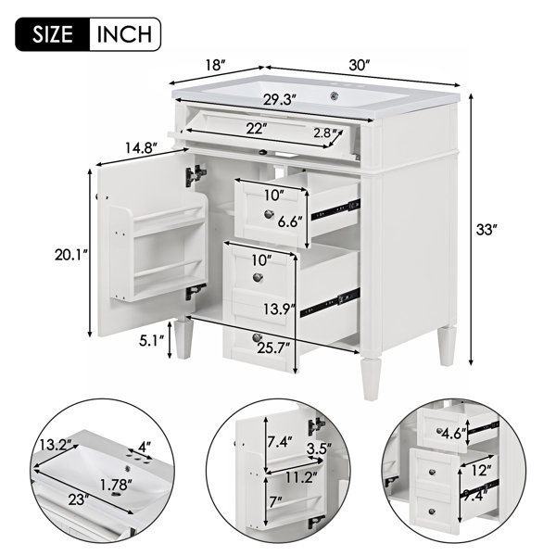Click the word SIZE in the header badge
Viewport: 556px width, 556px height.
click(x=53, y=34)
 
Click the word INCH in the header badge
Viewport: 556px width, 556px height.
click(x=124, y=34)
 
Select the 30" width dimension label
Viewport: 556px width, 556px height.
click(x=360, y=65)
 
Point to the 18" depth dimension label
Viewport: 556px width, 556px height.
click(x=215, y=66)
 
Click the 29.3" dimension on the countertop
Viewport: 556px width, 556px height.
click(x=280, y=100)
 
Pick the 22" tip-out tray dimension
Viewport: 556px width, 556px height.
click(x=257, y=129)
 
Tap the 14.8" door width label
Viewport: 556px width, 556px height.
click(x=141, y=148)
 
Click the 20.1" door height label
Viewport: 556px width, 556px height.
click(x=70, y=255)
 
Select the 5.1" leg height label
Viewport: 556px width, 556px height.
click(x=151, y=341)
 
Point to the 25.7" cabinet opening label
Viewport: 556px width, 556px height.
click(x=273, y=348)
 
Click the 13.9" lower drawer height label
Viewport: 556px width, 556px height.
click(x=280, y=310)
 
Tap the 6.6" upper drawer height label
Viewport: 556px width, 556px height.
click(x=290, y=222)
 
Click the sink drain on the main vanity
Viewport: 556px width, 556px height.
click(x=334, y=95)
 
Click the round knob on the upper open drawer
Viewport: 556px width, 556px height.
click(x=269, y=213)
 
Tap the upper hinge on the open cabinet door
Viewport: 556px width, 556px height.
click(x=196, y=175)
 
